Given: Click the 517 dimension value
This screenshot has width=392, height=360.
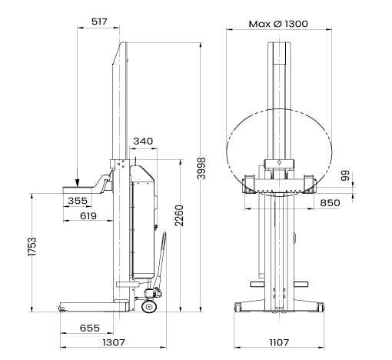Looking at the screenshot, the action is [x=99, y=22].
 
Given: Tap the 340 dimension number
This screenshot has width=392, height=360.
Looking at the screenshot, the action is [x=143, y=141].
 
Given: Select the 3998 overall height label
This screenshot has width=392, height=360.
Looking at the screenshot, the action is [x=201, y=168].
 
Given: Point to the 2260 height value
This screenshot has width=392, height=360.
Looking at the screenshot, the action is [x=179, y=215].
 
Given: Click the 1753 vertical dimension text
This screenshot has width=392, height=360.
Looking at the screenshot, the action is [x=32, y=247].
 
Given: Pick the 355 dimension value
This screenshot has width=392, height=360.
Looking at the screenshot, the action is [x=78, y=201].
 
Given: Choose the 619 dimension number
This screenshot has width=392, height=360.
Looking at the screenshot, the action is [x=88, y=216].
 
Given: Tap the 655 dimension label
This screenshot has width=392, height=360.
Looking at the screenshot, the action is [x=90, y=328].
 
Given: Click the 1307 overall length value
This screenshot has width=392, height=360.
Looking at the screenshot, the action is [x=114, y=342].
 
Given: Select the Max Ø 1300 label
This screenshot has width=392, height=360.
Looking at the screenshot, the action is [x=278, y=24].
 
